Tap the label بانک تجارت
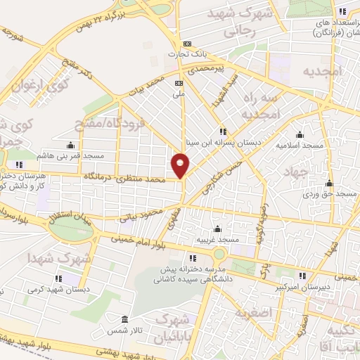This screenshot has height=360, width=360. pos(185,54)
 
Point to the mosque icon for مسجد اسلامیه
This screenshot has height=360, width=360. pos(300,134)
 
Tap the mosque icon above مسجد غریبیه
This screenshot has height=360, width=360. pos(217,229)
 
